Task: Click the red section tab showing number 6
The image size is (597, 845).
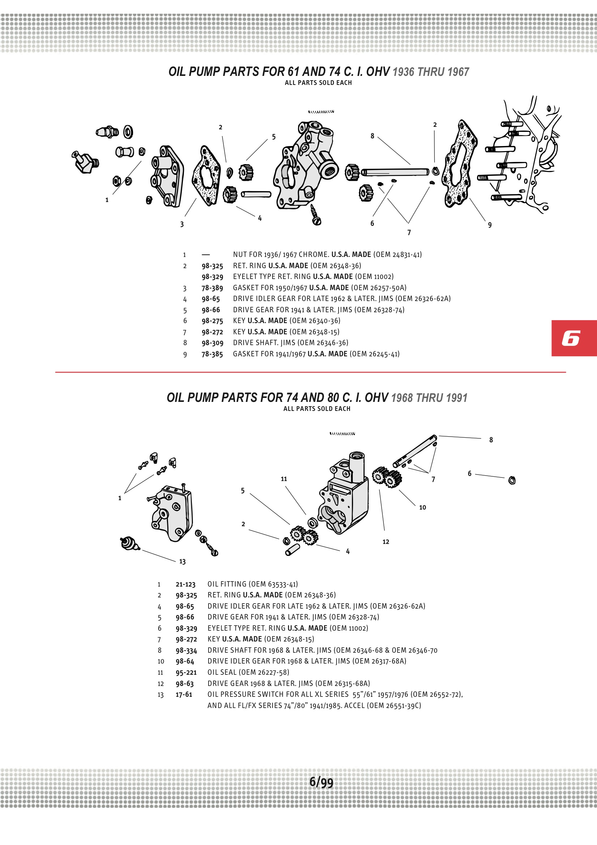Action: click(574, 338)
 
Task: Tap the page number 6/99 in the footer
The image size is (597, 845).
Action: click(321, 782)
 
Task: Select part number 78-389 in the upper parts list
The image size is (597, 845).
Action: click(212, 288)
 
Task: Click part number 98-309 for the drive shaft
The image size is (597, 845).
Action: click(212, 343)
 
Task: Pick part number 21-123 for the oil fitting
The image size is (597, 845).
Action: click(185, 584)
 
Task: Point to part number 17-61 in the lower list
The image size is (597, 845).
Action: click(184, 695)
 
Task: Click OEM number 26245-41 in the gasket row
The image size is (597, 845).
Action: click(384, 354)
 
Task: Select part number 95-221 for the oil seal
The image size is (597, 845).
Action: click(186, 672)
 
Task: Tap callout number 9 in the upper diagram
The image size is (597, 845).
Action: click(490, 225)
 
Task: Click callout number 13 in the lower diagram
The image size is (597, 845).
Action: click(182, 562)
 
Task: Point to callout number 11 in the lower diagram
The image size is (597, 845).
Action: click(284, 479)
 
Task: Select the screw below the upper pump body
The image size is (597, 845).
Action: click(315, 216)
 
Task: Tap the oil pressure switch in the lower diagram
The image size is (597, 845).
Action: click(129, 544)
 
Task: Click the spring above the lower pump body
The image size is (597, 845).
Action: click(342, 434)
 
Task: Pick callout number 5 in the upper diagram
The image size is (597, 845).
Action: click(274, 137)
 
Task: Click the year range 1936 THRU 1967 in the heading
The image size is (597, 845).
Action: click(431, 72)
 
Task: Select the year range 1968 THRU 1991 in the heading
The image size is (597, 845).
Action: click(429, 398)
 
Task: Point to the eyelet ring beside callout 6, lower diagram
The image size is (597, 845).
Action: click(512, 480)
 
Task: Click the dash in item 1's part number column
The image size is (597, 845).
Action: click(206, 255)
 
